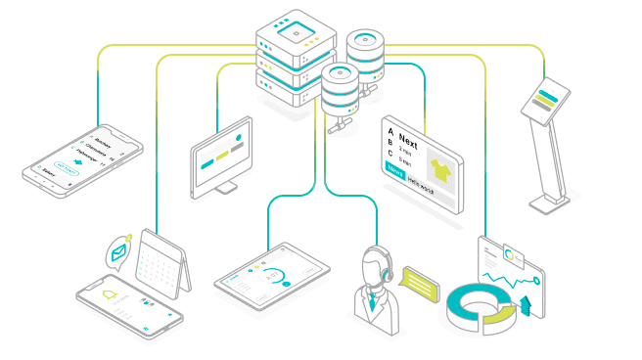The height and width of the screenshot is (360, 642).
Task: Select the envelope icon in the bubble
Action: tap(118, 252)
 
